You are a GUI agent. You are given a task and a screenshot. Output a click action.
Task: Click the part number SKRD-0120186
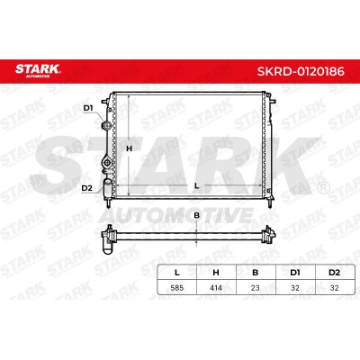[301, 72]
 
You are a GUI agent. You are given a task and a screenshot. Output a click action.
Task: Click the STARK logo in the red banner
[38, 70]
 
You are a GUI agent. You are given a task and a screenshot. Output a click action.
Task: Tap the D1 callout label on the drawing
[88, 108]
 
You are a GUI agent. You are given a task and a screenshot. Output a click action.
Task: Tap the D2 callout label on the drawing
[86, 188]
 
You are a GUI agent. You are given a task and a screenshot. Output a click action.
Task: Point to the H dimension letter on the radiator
[129, 148]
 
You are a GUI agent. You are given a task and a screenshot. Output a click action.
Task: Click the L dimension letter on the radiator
[196, 186]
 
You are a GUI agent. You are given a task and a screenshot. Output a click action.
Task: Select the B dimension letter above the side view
[196, 215]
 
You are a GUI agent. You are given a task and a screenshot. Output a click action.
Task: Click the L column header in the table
[177, 273]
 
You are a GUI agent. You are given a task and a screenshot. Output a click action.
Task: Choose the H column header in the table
[216, 273]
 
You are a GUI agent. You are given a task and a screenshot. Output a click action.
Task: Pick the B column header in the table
[256, 273]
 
